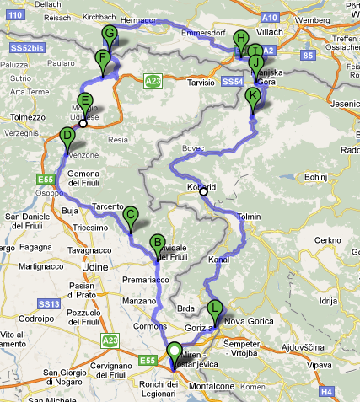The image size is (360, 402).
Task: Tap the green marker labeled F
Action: tap(103, 59)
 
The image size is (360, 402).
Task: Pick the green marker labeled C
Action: tap(131, 215)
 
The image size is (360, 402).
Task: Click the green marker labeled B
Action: tap(156, 244)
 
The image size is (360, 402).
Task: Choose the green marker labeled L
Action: tap(216, 308)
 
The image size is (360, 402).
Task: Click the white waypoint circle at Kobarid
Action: tap(203, 191)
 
